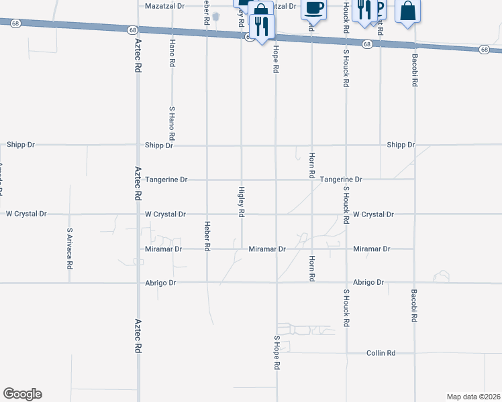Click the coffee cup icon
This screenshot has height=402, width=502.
313,9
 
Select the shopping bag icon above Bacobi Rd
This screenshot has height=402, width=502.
407,11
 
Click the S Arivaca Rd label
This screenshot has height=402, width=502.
69,248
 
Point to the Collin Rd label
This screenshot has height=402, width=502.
381,353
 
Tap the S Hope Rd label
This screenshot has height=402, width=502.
277,353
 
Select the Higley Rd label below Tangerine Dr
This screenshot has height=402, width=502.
241,202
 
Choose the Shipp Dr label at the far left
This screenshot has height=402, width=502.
21,144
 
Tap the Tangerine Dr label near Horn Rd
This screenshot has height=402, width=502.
341,180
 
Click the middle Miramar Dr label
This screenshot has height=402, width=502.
267,249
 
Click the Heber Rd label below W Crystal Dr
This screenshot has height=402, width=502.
207,236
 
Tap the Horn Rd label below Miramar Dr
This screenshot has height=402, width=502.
311,267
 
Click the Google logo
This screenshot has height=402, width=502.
22,394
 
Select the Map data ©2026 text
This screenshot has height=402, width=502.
473,397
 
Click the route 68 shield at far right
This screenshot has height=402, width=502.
485,49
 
